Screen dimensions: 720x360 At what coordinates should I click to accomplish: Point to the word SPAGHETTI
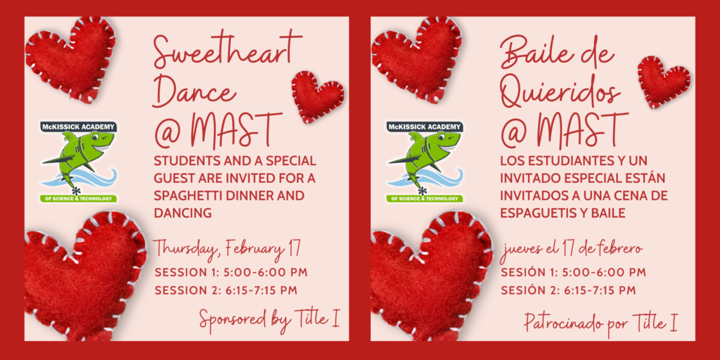(191, 195)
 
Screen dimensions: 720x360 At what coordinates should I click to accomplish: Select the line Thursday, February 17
(227, 250)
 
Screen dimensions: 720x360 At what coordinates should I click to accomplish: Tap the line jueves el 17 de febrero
(571, 250)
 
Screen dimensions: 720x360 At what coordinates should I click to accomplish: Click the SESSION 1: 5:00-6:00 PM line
(231, 272)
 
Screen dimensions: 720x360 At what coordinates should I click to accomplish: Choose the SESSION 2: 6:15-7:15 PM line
(226, 290)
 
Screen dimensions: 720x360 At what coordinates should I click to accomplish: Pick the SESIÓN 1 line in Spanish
(574, 272)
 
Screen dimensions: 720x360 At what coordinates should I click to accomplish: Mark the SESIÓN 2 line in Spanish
(568, 290)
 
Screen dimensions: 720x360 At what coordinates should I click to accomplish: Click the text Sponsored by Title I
(269, 319)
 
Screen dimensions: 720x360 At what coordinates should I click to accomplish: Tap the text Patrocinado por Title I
(601, 323)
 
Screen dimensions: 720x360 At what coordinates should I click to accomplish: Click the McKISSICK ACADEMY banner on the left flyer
(79, 127)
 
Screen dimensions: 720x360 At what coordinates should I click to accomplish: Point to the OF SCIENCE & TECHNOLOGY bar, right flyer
(425, 198)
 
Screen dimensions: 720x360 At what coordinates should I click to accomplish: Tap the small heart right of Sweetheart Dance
(318, 96)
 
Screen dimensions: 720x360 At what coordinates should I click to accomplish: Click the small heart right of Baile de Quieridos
(664, 82)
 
